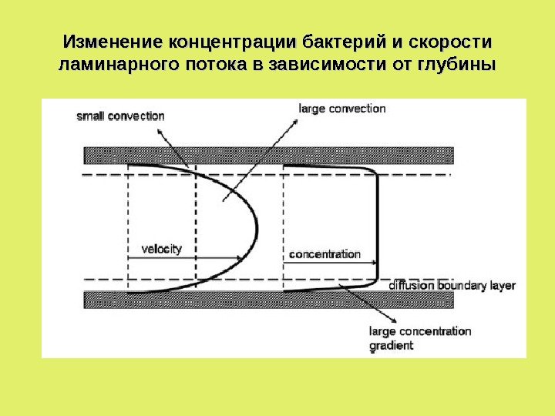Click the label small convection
(120, 116)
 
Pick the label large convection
(341, 109)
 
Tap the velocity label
(162, 248)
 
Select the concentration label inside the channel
(325, 253)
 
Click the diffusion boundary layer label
(452, 285)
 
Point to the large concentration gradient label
(420, 338)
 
